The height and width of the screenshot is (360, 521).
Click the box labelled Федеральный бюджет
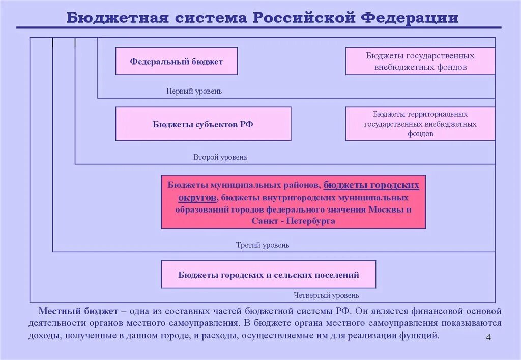click(x=176, y=61)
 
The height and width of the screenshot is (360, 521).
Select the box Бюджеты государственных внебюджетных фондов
click(x=420, y=61)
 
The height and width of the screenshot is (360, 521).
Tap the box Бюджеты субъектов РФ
click(x=203, y=124)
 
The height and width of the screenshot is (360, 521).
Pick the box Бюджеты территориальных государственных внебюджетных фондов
click(x=420, y=124)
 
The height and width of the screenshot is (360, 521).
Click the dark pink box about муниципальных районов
click(x=293, y=202)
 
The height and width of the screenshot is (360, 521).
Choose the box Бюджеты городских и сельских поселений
click(x=268, y=275)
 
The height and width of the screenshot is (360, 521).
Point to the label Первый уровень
click(x=194, y=92)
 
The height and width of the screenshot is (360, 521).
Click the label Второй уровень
click(x=220, y=157)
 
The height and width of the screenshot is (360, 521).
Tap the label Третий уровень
click(x=262, y=245)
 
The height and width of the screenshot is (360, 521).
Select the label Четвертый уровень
click(x=326, y=295)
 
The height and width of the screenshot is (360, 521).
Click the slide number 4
click(x=488, y=339)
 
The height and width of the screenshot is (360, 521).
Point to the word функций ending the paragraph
click(x=422, y=336)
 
